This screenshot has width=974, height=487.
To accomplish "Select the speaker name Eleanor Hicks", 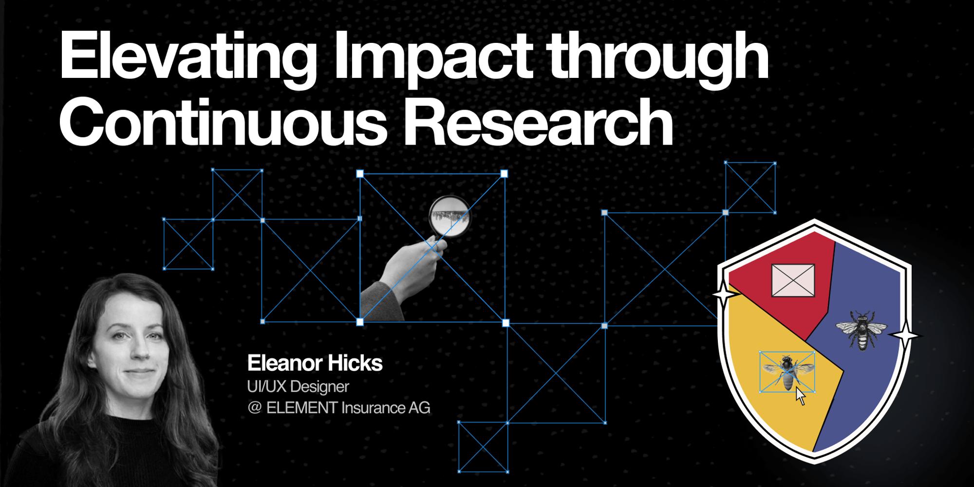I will point(315,363).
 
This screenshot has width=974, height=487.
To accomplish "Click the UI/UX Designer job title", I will point(298,387).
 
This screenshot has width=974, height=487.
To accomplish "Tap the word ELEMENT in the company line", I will point(301,408).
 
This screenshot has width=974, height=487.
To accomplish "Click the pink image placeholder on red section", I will point(793,281).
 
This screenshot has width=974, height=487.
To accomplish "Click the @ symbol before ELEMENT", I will point(254,408).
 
